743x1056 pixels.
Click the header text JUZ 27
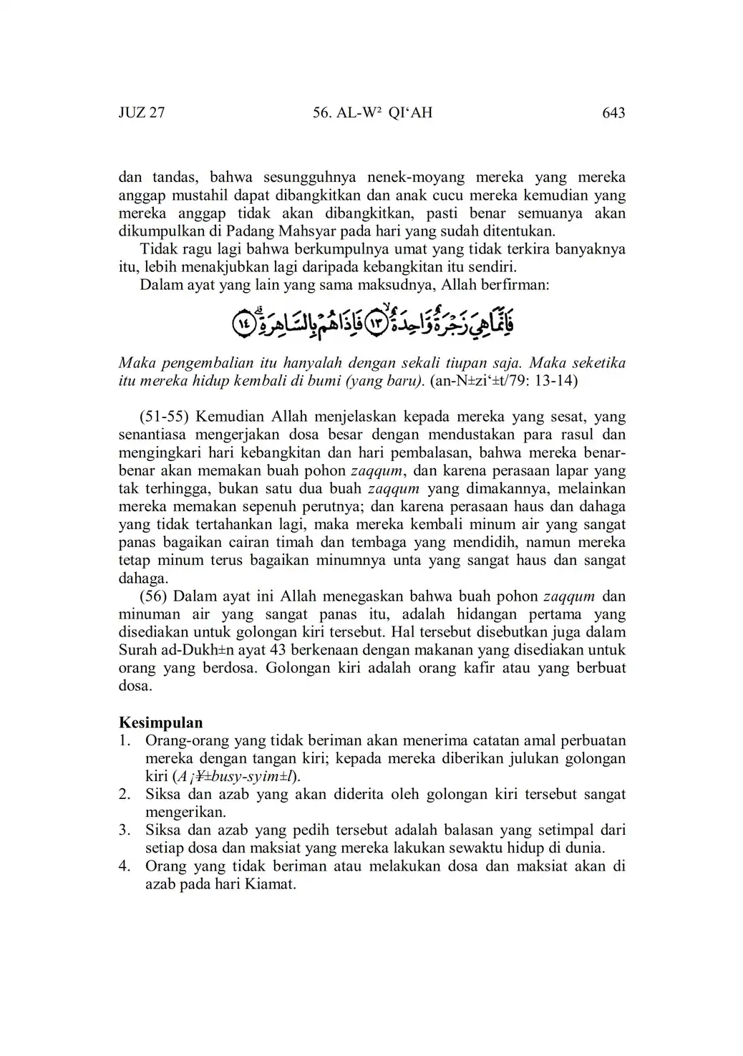point(142,113)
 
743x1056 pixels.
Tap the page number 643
point(613,113)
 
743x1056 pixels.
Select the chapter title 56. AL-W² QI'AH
point(372,113)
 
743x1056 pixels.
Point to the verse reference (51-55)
point(165,417)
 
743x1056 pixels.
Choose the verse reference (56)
point(154,596)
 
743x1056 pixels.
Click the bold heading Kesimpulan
point(160,722)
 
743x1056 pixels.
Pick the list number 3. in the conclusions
point(125,830)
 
